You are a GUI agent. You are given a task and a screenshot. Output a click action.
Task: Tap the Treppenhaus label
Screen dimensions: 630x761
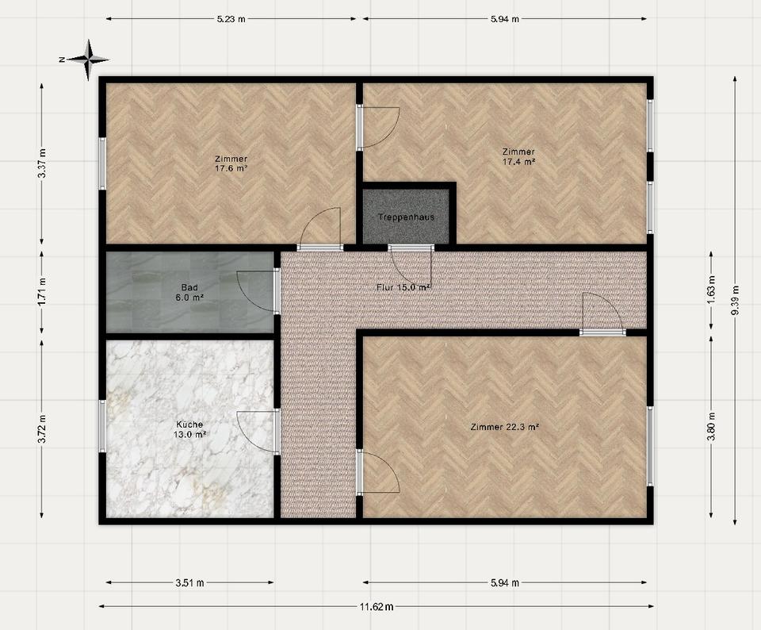(406, 217)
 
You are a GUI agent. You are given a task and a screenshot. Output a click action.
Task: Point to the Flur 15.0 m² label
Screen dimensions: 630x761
(403, 286)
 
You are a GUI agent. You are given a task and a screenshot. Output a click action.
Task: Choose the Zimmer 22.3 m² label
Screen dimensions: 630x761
(504, 427)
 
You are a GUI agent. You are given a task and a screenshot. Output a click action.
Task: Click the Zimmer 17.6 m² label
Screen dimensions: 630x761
(231, 163)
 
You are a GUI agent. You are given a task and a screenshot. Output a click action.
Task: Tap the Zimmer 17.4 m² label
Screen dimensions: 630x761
(518, 156)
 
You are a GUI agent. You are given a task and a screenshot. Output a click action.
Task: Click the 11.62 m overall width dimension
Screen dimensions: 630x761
(376, 607)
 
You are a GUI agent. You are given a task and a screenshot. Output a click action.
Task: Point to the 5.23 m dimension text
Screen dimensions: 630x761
(231, 20)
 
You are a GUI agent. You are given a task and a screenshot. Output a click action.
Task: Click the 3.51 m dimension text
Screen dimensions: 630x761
(189, 583)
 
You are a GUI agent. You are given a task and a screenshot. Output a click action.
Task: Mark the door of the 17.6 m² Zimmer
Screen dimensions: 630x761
(321, 229)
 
